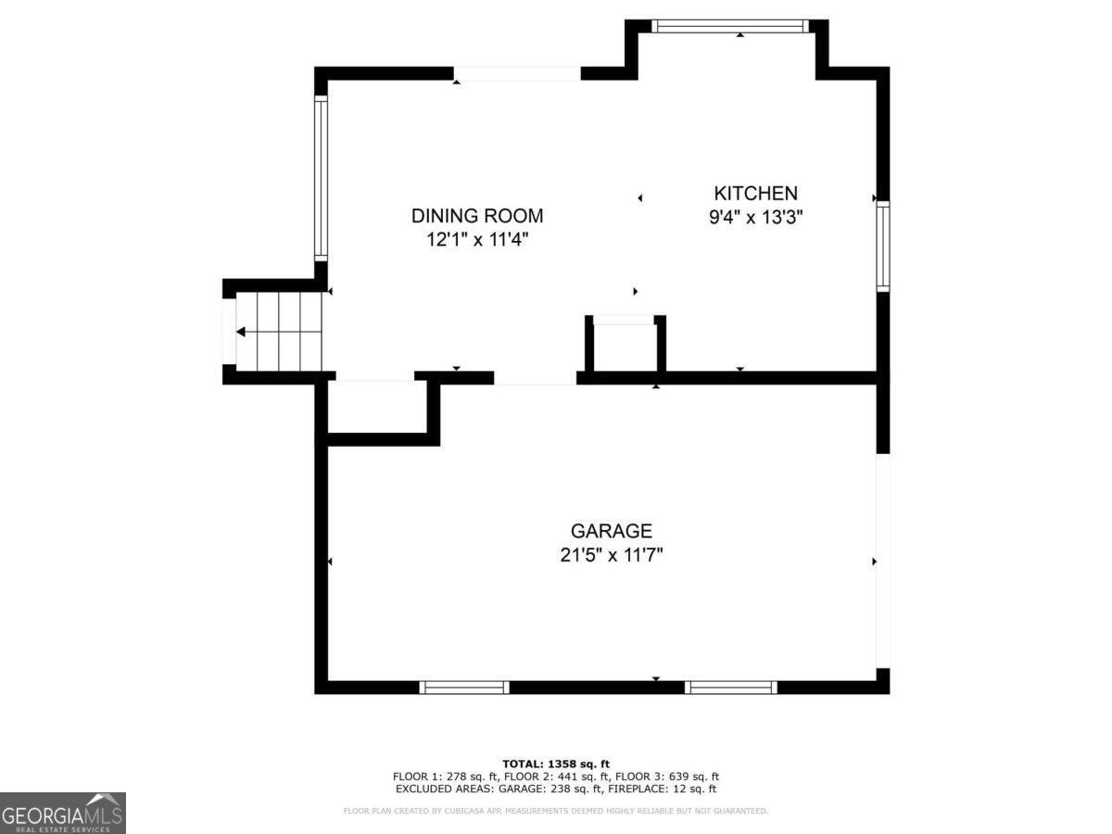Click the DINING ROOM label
tap(477, 216)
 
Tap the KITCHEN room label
tap(755, 193)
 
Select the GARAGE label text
tap(611, 531)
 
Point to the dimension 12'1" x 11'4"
tap(477, 240)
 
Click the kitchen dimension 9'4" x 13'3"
tap(755, 218)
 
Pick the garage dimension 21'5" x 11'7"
tap(611, 555)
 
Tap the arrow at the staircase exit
tap(241, 332)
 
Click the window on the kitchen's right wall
tap(882, 246)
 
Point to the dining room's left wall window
tap(321, 178)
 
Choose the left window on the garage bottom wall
tap(463, 687)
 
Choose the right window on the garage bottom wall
tap(730, 687)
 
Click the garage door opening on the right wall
tap(882, 560)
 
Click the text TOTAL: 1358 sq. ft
tap(556, 763)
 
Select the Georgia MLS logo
tap(62, 813)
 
